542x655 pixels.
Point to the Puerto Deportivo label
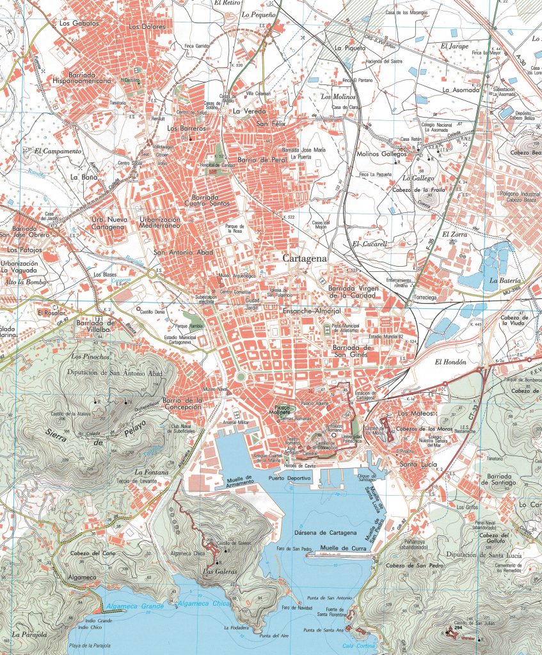289,478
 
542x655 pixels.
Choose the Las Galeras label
219,571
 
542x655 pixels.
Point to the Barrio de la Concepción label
182,404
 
